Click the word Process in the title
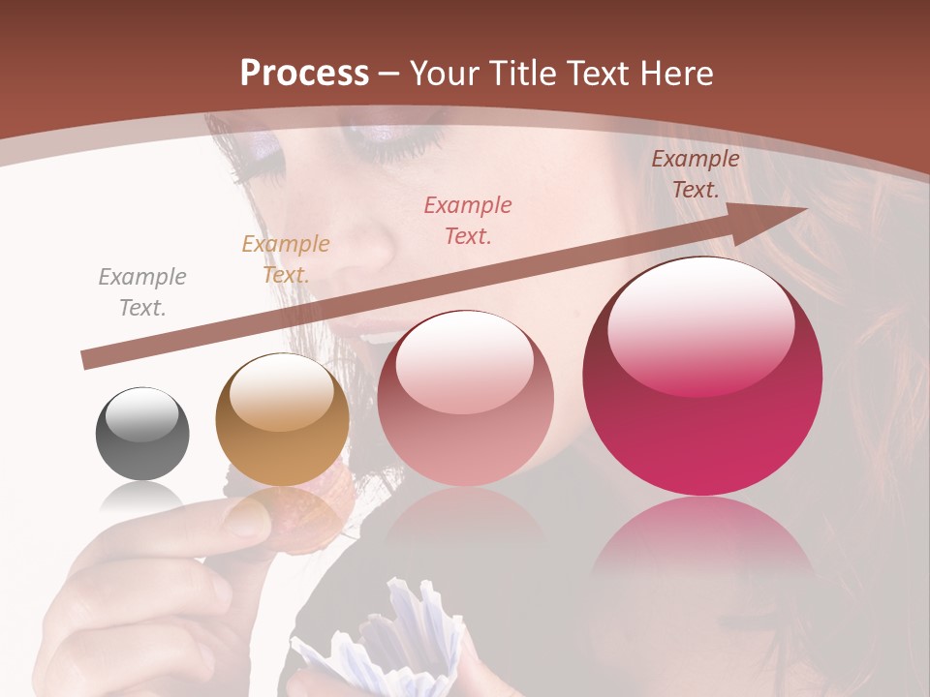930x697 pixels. (x=304, y=73)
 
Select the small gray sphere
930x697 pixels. (x=142, y=434)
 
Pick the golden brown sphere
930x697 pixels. (x=282, y=419)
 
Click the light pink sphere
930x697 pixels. (x=465, y=398)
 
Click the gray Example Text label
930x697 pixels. (x=142, y=292)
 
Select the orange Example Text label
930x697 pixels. (x=286, y=259)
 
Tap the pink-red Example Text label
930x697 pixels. (x=468, y=220)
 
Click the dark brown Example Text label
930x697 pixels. (x=695, y=174)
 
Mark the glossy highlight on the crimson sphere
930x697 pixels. (x=699, y=324)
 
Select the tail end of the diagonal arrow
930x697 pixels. (x=89, y=360)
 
